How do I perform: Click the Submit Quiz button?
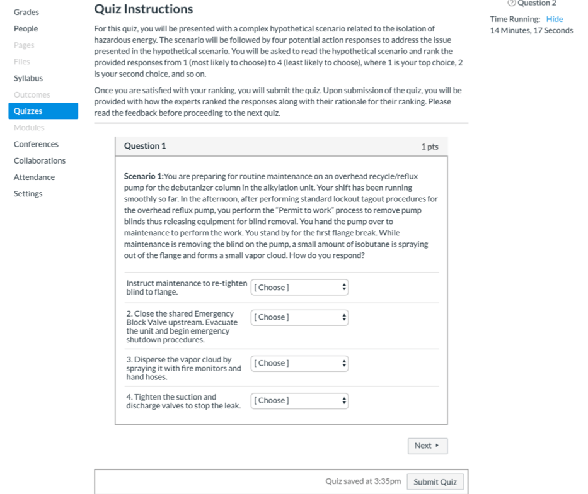coord(435,482)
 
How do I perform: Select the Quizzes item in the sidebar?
coord(28,111)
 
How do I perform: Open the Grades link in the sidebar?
coord(26,12)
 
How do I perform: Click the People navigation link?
coord(26,29)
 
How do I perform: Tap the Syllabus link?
coord(28,78)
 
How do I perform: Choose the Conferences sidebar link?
coord(36,144)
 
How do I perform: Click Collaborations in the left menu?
coord(40,160)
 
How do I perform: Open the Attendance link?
coord(34,177)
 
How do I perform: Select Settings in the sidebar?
coord(28,194)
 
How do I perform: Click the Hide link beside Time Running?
coord(555,20)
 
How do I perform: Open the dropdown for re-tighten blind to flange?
coord(299,288)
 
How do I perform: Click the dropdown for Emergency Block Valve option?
coord(299,317)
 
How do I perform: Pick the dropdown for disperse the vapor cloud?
coord(299,363)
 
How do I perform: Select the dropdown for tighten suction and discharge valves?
coord(299,401)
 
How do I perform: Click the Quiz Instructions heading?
coord(144,9)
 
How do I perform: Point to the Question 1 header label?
coord(145,146)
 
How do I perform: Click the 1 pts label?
coord(430,147)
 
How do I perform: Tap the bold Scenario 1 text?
coord(144,177)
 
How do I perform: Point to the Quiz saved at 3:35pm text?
coord(363,481)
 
